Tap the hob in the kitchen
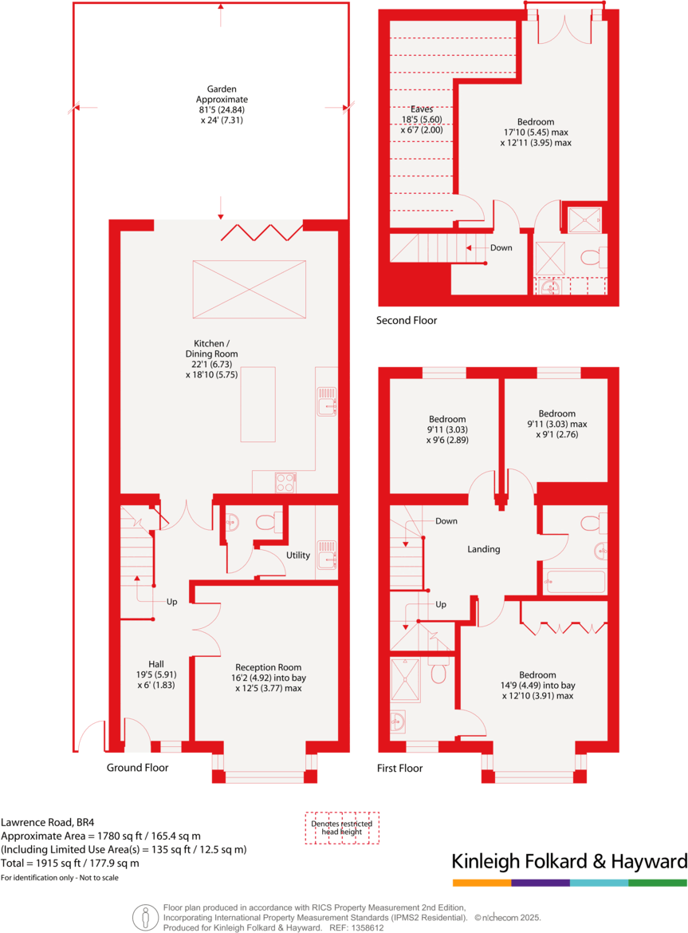[285, 481]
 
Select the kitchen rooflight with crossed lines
[249, 290]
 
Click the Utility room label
[298, 555]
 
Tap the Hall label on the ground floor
[155, 663]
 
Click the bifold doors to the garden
[261, 232]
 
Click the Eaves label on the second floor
[421, 109]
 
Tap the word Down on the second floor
[501, 247]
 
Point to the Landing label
[483, 549]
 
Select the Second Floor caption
[407, 321]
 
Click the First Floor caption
[399, 769]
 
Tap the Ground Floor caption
[137, 768]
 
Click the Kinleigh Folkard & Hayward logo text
[569, 861]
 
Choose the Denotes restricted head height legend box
[342, 828]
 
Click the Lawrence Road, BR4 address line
[49, 820]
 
